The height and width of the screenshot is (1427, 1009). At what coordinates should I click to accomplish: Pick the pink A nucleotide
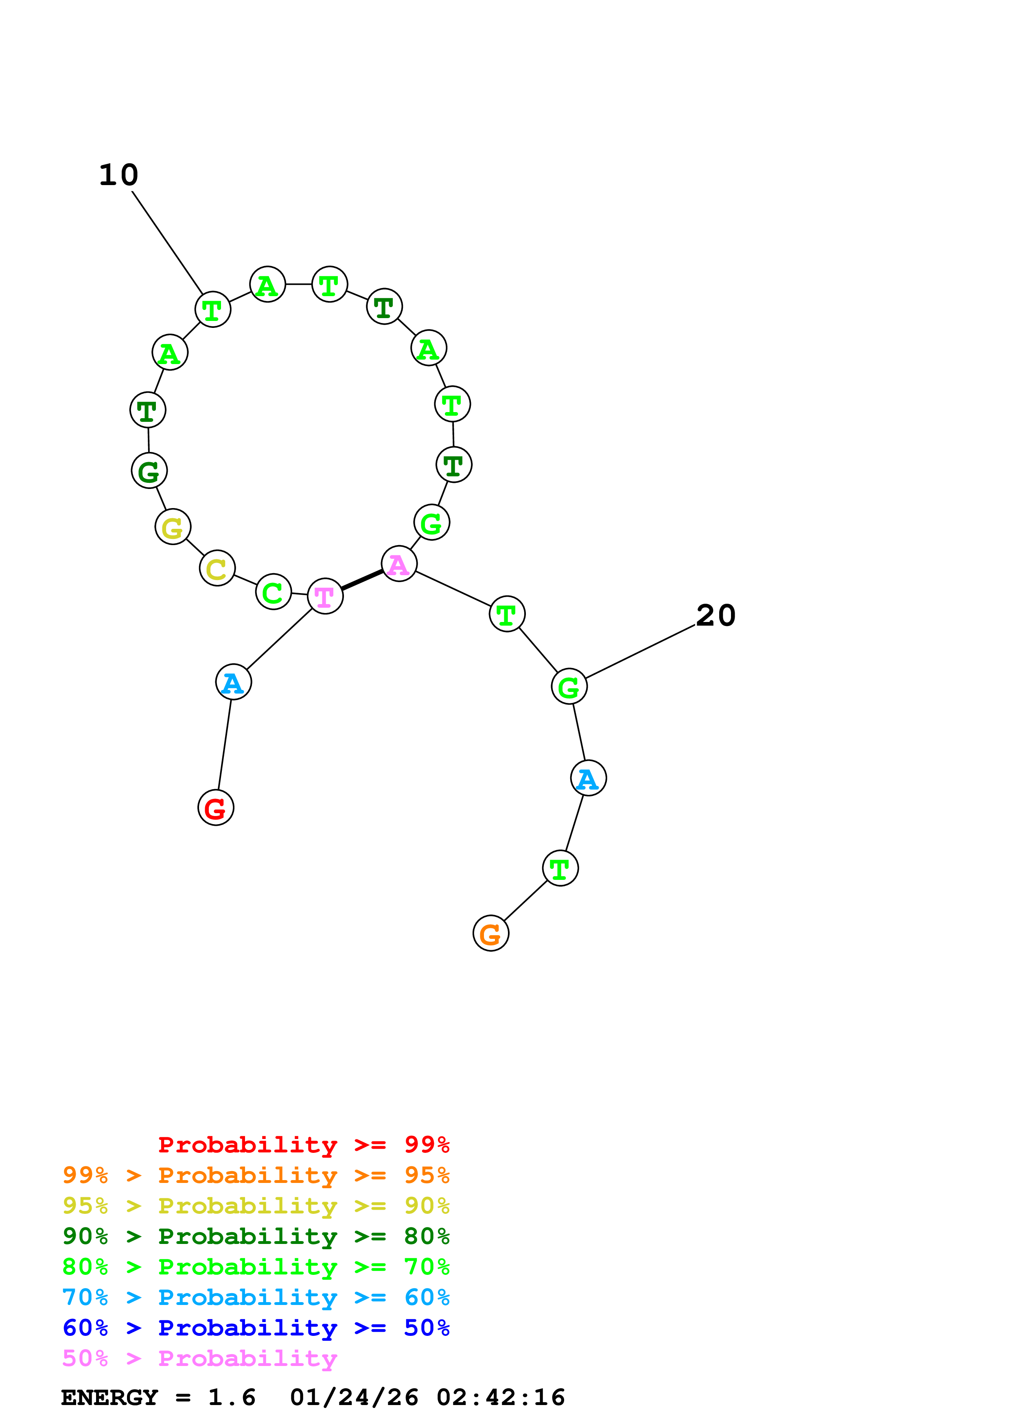398,564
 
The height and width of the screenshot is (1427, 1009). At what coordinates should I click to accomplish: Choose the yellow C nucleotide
217,568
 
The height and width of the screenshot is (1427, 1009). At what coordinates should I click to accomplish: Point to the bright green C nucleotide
273,592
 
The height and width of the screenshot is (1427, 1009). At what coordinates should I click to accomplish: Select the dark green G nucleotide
149,471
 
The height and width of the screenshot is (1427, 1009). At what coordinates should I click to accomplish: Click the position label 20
716,616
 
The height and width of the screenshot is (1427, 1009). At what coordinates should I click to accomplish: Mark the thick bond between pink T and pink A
362,580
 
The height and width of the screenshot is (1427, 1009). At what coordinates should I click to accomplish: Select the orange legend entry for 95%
256,1175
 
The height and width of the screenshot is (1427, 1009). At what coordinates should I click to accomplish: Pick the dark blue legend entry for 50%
256,1328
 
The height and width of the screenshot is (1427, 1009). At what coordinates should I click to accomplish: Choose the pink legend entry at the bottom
199,1358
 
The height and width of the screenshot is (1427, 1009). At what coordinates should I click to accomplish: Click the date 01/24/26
354,1397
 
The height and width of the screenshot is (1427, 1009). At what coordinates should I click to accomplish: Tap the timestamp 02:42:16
501,1397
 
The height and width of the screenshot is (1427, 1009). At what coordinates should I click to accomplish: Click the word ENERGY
109,1397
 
